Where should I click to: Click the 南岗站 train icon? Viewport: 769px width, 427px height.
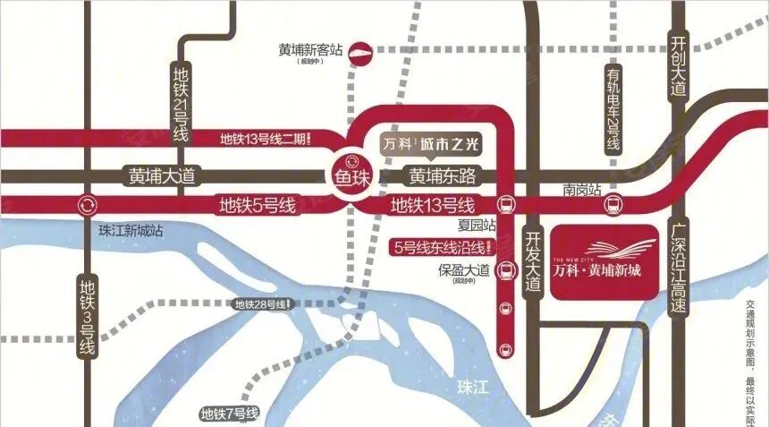(x=613, y=204)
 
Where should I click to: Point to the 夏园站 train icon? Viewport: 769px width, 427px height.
(x=505, y=205)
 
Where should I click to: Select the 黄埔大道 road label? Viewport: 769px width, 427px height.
(x=162, y=175)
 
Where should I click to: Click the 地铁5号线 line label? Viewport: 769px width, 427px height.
(x=258, y=205)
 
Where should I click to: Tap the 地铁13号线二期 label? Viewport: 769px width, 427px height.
(x=265, y=139)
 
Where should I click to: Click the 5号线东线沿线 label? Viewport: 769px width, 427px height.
(x=442, y=247)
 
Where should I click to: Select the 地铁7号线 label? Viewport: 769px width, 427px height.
(x=230, y=414)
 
